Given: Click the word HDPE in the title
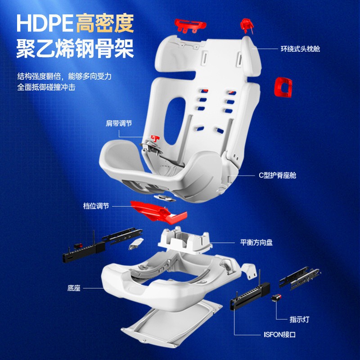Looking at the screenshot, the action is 45,23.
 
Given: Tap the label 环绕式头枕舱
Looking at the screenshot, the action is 300,49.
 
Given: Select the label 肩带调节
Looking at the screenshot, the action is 119,123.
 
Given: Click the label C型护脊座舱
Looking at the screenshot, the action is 277,175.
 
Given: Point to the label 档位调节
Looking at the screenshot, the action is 96,206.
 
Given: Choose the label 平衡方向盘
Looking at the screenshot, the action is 256,243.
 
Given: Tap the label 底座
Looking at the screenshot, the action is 74,288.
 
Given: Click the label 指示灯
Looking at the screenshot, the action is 299,319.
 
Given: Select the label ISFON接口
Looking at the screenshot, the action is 279,334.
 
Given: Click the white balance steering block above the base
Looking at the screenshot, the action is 185,240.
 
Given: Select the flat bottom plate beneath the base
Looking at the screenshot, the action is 171,324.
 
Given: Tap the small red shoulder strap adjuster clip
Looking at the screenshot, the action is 155,138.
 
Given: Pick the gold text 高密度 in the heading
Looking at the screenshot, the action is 104,23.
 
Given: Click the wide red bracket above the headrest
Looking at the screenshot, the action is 190,26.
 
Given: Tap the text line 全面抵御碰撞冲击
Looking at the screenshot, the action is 46,87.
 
